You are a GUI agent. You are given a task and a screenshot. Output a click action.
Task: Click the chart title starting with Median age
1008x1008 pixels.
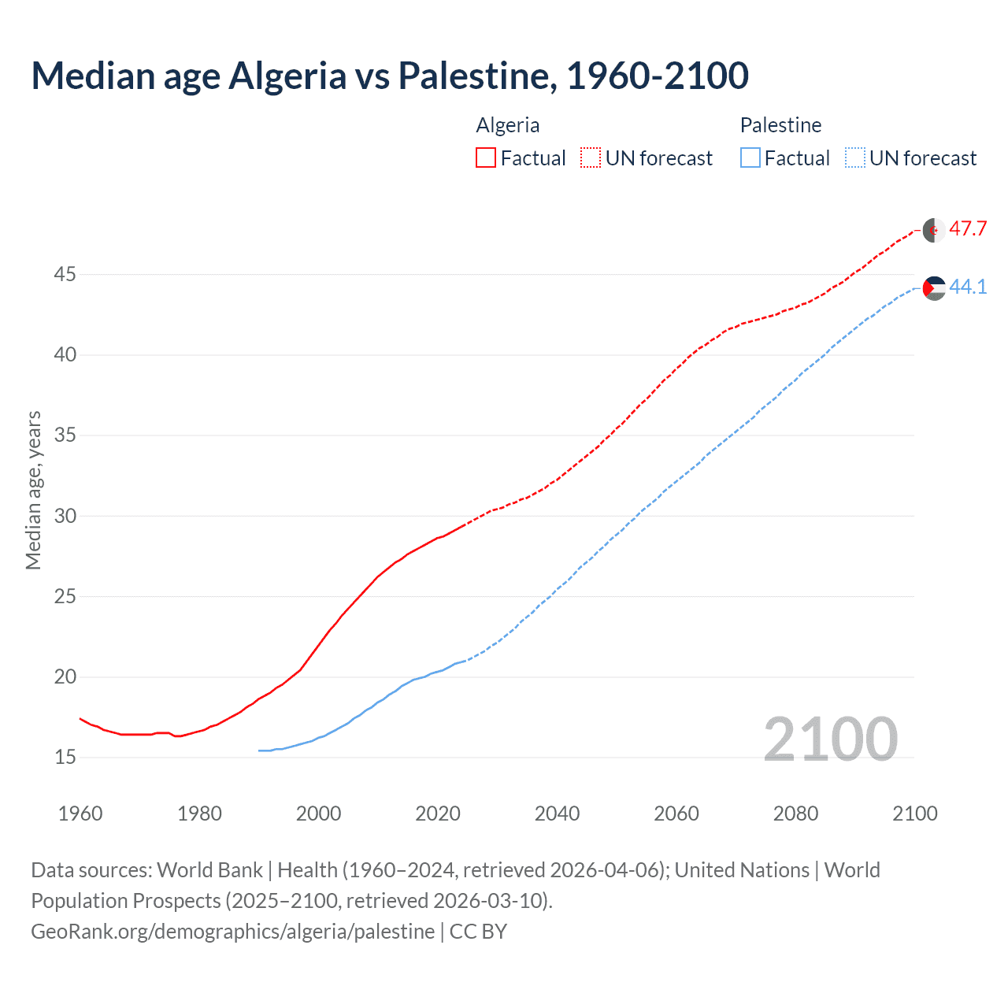[x=390, y=76]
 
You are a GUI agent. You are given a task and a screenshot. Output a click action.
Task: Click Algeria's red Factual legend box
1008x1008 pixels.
[x=486, y=158]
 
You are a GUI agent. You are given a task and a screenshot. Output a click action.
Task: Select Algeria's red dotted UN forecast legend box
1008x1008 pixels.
[x=591, y=158]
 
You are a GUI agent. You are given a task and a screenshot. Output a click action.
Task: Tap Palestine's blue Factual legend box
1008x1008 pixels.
[x=750, y=158]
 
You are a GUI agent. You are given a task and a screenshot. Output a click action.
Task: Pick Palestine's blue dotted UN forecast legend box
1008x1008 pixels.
[x=854, y=158]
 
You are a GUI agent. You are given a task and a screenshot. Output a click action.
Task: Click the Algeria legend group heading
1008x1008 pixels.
[x=508, y=125]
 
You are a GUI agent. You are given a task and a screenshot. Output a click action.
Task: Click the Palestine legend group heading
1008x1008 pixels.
[x=780, y=125]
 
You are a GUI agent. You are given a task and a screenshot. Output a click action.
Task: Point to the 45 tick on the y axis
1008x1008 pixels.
[x=65, y=275]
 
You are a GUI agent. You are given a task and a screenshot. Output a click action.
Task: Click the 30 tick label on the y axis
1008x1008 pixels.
[x=65, y=516]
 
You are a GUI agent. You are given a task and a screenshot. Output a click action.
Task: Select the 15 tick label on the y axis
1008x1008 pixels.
[x=65, y=758]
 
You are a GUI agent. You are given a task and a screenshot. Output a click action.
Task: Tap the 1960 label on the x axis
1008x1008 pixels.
[x=80, y=813]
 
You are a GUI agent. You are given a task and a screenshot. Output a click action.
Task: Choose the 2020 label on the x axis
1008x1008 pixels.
[x=438, y=813]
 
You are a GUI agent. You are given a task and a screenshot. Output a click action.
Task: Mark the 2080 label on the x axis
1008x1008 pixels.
[x=795, y=813]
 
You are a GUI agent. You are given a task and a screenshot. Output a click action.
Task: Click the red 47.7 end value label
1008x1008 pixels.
[x=968, y=229]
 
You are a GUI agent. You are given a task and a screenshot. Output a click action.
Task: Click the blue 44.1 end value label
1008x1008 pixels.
[x=968, y=287]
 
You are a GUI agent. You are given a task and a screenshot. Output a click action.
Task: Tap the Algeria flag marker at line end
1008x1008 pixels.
[x=934, y=231]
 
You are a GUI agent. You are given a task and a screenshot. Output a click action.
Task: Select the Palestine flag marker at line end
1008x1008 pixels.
[x=934, y=289]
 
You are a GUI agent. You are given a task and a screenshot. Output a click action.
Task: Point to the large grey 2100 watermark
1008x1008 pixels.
[x=830, y=739]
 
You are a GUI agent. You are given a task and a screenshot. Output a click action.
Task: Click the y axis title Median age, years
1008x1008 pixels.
[x=33, y=490]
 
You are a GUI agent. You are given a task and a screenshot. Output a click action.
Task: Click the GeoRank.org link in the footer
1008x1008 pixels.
[x=232, y=932]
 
